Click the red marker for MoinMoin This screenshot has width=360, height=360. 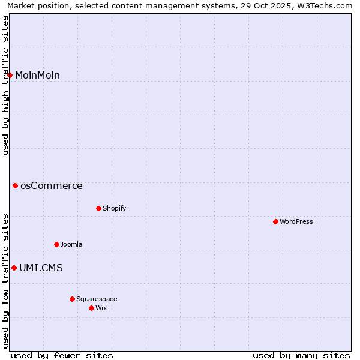click(x=10, y=75)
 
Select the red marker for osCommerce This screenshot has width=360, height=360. click(x=16, y=186)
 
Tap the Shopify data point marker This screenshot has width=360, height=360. click(x=98, y=208)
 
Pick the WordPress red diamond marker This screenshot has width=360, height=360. click(x=275, y=221)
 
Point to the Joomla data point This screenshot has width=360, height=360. click(x=56, y=244)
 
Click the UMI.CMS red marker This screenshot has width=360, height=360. click(x=14, y=268)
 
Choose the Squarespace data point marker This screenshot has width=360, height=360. click(x=72, y=299)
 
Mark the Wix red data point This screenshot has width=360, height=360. click(x=91, y=308)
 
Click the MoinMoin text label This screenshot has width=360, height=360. click(x=37, y=75)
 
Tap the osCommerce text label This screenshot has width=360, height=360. click(x=52, y=186)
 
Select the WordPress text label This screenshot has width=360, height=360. click(x=296, y=221)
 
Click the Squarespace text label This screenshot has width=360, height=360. click(x=97, y=299)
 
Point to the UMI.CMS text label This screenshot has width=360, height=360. click(x=41, y=268)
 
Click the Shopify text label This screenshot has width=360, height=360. click(x=114, y=208)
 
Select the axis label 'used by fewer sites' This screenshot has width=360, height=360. click(x=62, y=355)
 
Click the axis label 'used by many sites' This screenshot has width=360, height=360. click(x=301, y=355)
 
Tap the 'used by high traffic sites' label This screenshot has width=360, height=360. click(x=6, y=85)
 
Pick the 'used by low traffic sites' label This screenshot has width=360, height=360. click(x=6, y=281)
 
